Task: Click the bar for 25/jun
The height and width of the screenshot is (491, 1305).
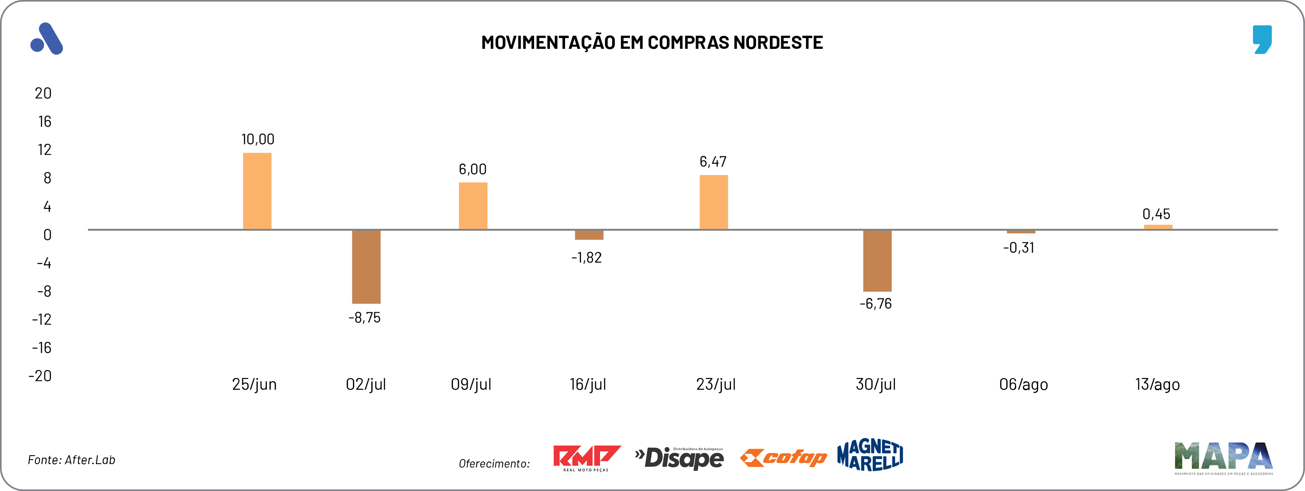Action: tap(257, 191)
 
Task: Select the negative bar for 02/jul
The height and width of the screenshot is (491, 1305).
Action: tap(366, 267)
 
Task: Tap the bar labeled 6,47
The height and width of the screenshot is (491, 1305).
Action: tap(713, 202)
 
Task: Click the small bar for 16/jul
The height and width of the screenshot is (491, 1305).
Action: tap(589, 235)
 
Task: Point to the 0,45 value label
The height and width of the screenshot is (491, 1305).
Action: tap(1156, 214)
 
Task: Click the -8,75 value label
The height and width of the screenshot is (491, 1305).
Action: tap(364, 318)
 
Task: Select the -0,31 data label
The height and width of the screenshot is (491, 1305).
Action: tap(1018, 248)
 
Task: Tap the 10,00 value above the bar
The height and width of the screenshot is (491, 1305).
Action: tap(257, 139)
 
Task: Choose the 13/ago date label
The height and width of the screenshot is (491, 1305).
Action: tap(1157, 385)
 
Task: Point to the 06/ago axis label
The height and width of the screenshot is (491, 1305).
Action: tap(1023, 385)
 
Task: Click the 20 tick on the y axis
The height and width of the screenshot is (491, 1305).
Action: tap(43, 93)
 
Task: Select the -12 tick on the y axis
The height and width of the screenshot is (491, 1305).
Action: tap(42, 319)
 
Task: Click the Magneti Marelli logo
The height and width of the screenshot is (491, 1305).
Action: tap(870, 455)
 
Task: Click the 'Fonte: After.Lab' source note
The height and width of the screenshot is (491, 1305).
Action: tap(71, 460)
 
